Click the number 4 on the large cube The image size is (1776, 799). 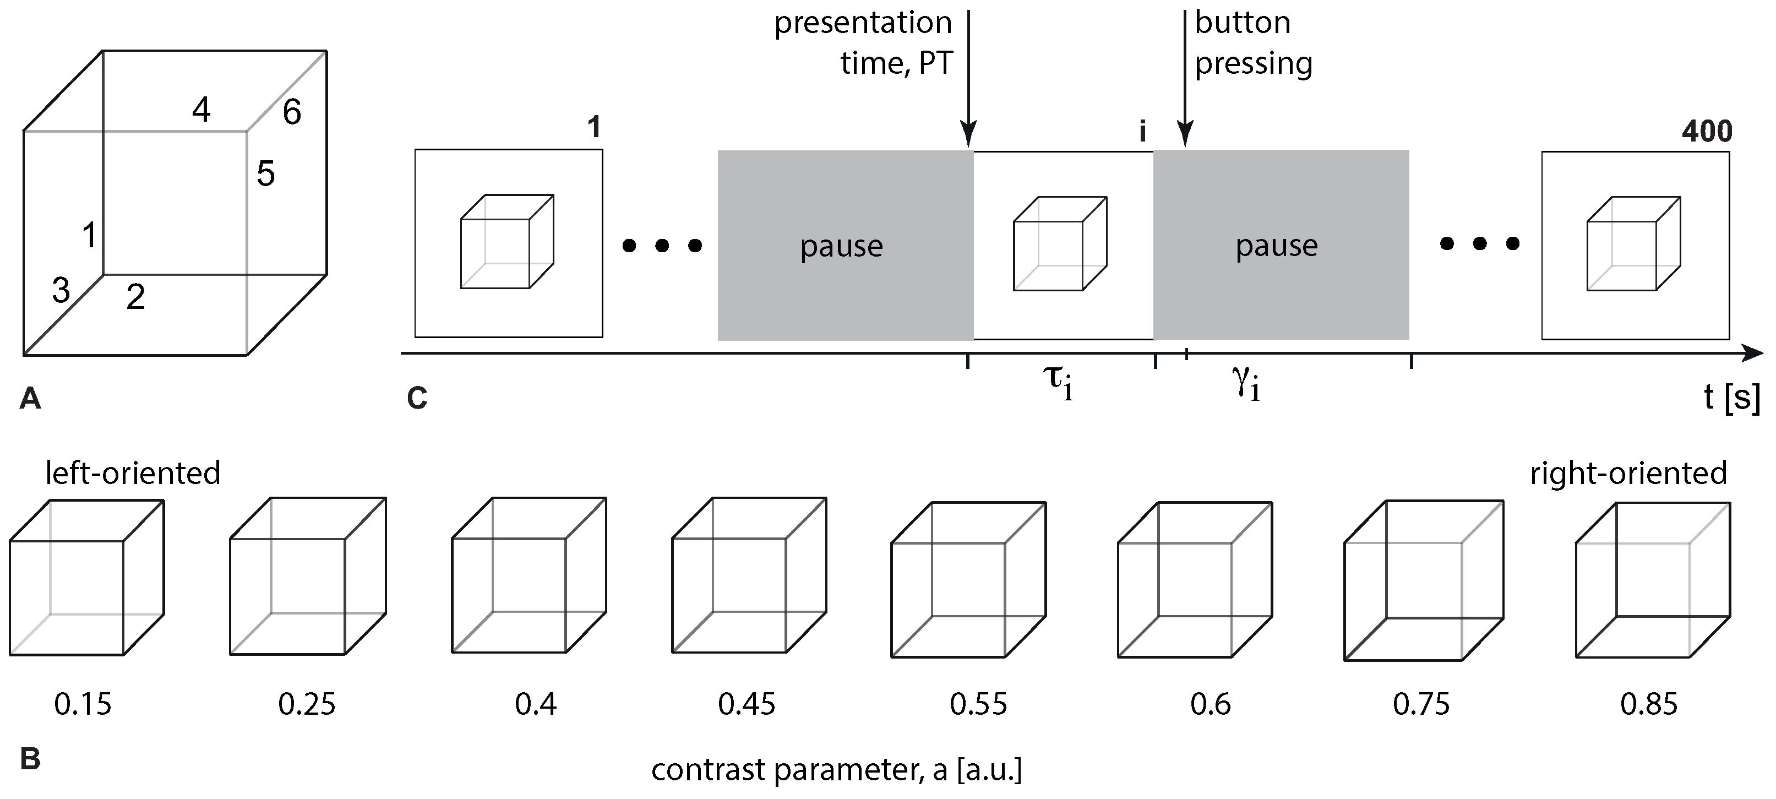click(x=200, y=110)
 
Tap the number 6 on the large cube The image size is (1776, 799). click(x=292, y=112)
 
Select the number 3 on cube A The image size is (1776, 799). click(x=61, y=291)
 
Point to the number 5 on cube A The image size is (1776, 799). click(x=265, y=173)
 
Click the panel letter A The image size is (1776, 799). click(x=30, y=399)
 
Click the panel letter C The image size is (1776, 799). click(x=417, y=399)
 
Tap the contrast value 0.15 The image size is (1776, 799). click(x=83, y=704)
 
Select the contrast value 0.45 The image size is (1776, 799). click(x=747, y=704)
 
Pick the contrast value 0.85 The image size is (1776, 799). click(x=1648, y=704)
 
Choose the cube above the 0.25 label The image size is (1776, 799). click(x=308, y=577)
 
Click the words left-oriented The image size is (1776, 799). click(x=132, y=474)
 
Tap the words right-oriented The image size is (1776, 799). click(x=1628, y=474)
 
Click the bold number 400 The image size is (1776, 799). click(x=1707, y=131)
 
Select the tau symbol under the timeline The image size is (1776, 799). click(x=1056, y=383)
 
